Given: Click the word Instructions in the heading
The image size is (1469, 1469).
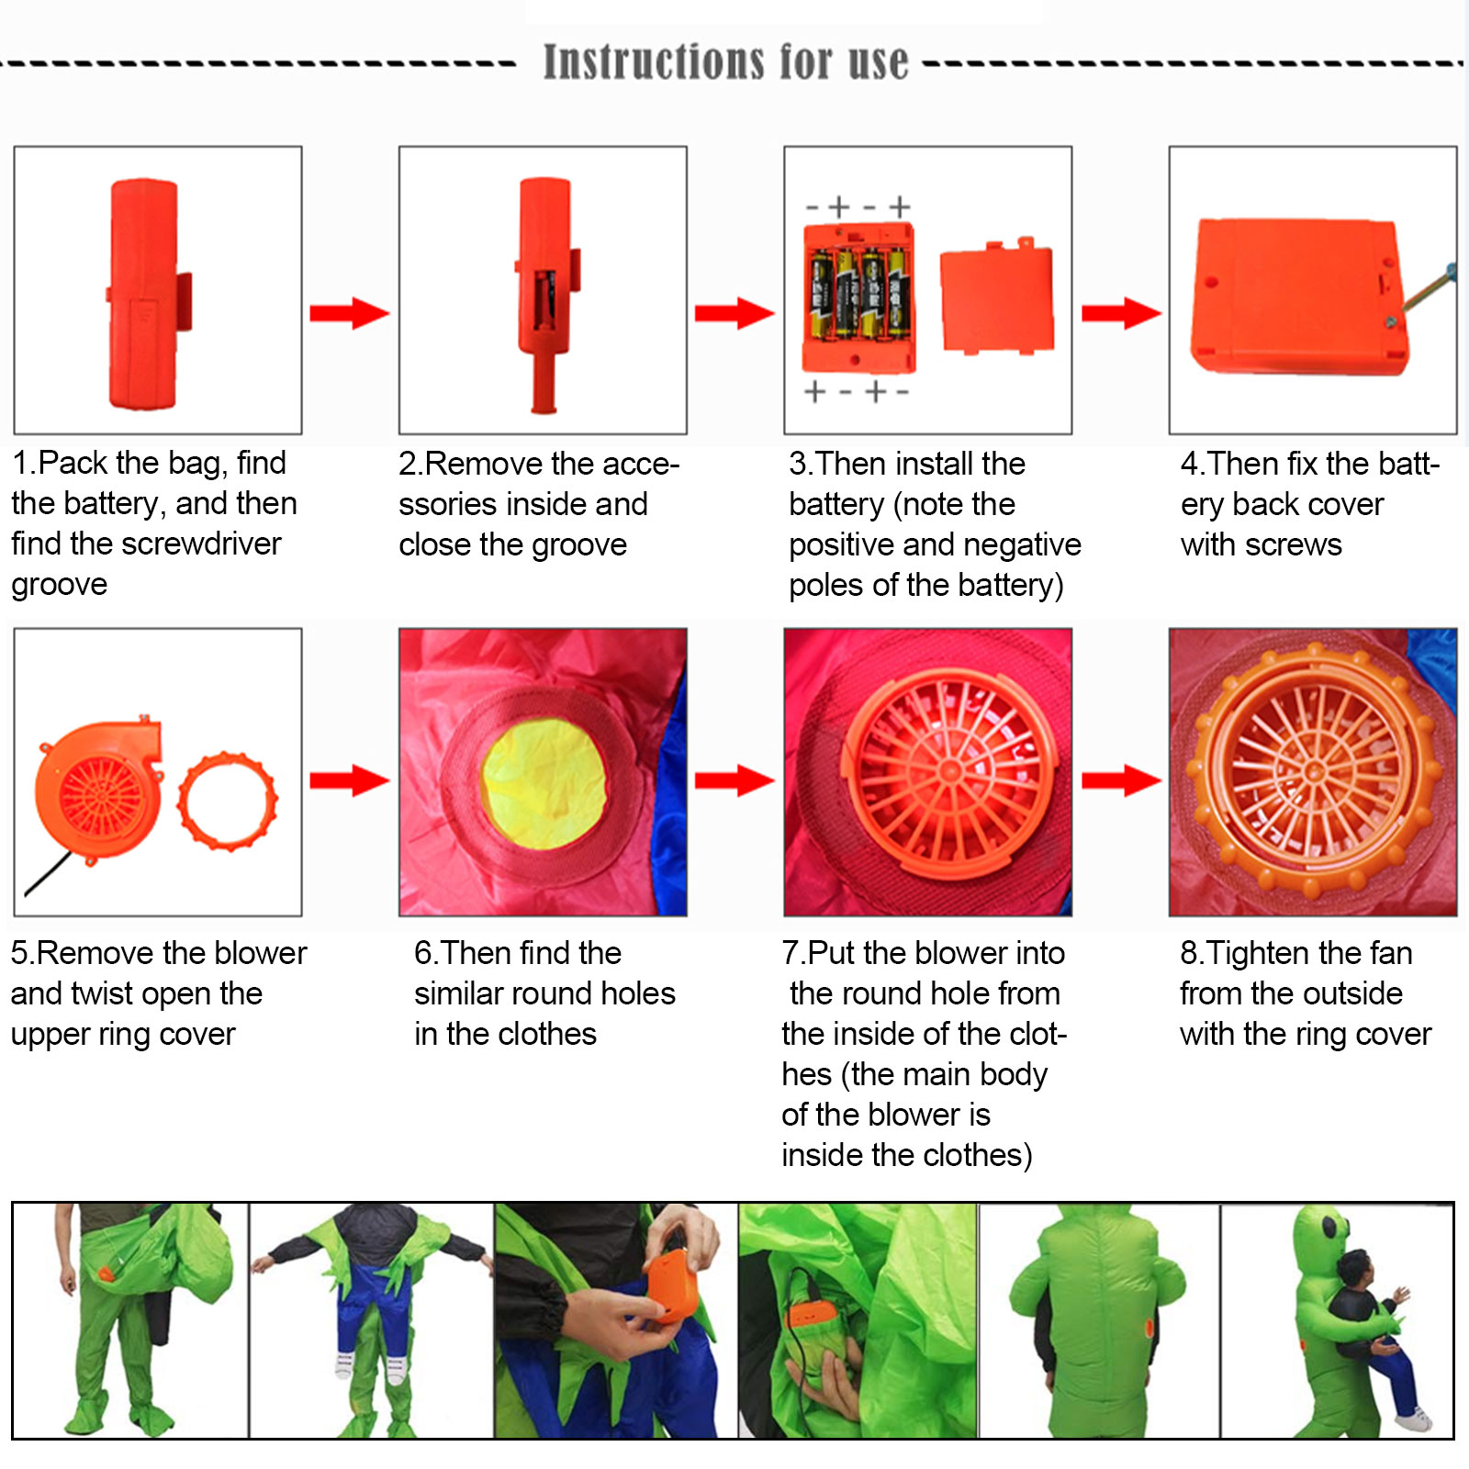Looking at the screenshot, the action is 654,62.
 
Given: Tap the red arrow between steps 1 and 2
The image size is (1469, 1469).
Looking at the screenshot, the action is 350,313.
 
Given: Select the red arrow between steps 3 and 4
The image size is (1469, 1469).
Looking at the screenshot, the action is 1121,313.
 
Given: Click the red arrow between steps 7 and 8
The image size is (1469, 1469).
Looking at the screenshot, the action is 1121,781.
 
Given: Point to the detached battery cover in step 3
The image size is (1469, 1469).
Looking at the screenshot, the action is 997,297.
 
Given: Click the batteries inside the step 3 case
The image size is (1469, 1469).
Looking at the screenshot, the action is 858,293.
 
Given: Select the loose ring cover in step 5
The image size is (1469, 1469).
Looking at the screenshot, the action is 227,801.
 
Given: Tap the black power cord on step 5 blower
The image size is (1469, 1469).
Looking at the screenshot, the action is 46,874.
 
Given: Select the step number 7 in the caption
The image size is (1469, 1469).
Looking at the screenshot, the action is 790,953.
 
